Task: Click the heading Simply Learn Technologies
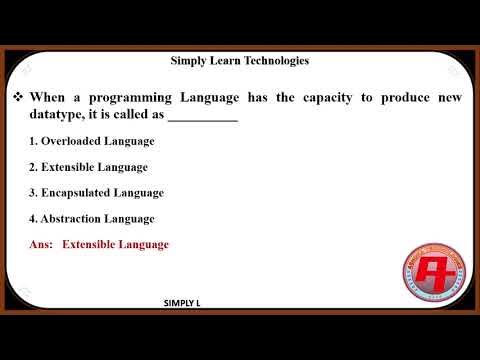point(240,61)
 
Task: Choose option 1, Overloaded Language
point(92,141)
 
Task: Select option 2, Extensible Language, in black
point(88,167)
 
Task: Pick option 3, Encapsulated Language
point(96,192)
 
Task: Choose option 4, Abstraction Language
point(92,218)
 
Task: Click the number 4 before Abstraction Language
point(33,218)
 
